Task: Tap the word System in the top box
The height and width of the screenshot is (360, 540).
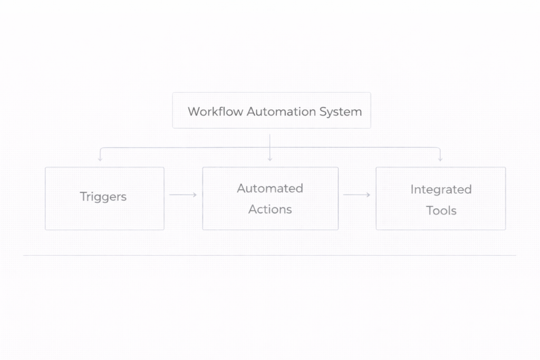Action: (341, 112)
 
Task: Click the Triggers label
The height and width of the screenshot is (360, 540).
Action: (103, 197)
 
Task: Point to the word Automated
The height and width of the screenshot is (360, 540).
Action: (270, 188)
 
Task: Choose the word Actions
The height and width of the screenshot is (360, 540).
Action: (270, 209)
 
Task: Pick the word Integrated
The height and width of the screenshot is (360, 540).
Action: (441, 189)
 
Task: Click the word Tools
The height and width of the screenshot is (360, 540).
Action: (441, 210)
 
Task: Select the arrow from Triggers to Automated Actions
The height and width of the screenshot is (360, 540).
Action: (183, 195)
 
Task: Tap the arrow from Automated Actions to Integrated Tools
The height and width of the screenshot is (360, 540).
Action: (357, 195)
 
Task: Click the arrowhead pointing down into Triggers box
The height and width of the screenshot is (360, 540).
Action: (100, 158)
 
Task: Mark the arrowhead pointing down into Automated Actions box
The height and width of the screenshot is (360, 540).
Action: (270, 158)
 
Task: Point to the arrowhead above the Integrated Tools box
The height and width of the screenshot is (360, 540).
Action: (440, 158)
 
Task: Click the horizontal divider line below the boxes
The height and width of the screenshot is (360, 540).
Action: (269, 255)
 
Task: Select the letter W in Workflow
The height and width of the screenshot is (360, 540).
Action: (194, 112)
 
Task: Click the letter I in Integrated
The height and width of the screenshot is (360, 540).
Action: (412, 189)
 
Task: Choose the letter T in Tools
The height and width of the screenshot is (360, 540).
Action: (429, 210)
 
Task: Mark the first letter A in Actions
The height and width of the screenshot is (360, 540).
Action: (253, 209)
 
